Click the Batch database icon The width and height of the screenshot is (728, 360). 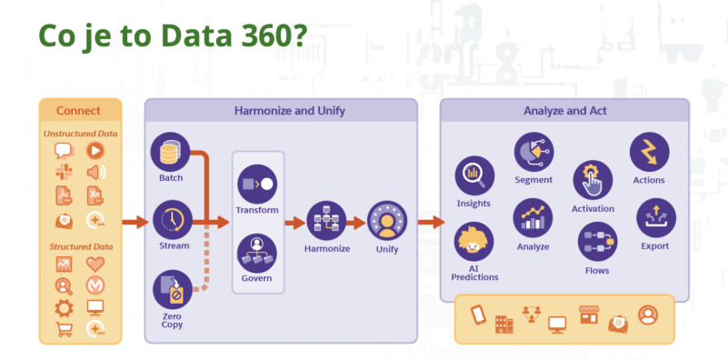click(x=170, y=152)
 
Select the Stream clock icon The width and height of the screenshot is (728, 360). click(x=173, y=220)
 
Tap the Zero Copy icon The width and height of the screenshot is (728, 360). click(x=173, y=289)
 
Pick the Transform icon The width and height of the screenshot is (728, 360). click(x=257, y=184)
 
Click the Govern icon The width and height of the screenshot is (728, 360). click(x=257, y=253)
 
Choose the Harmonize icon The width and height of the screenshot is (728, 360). click(x=327, y=221)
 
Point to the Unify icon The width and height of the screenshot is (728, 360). click(x=387, y=221)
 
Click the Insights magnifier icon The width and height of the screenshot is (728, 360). click(x=474, y=175)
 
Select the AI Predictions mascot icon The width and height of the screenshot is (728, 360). click(x=474, y=242)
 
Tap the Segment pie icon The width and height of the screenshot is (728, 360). click(x=534, y=152)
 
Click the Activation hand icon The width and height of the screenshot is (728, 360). click(x=593, y=180)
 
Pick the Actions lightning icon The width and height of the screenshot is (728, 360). click(x=649, y=152)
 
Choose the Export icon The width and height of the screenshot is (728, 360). click(x=655, y=218)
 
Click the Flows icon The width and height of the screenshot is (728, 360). click(x=597, y=242)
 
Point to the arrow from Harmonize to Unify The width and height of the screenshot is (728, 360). click(x=356, y=223)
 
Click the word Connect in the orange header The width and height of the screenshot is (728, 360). click(x=78, y=111)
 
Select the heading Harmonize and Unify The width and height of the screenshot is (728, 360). click(x=289, y=111)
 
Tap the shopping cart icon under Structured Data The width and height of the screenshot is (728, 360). click(x=64, y=329)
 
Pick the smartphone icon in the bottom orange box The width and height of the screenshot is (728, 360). click(x=478, y=315)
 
